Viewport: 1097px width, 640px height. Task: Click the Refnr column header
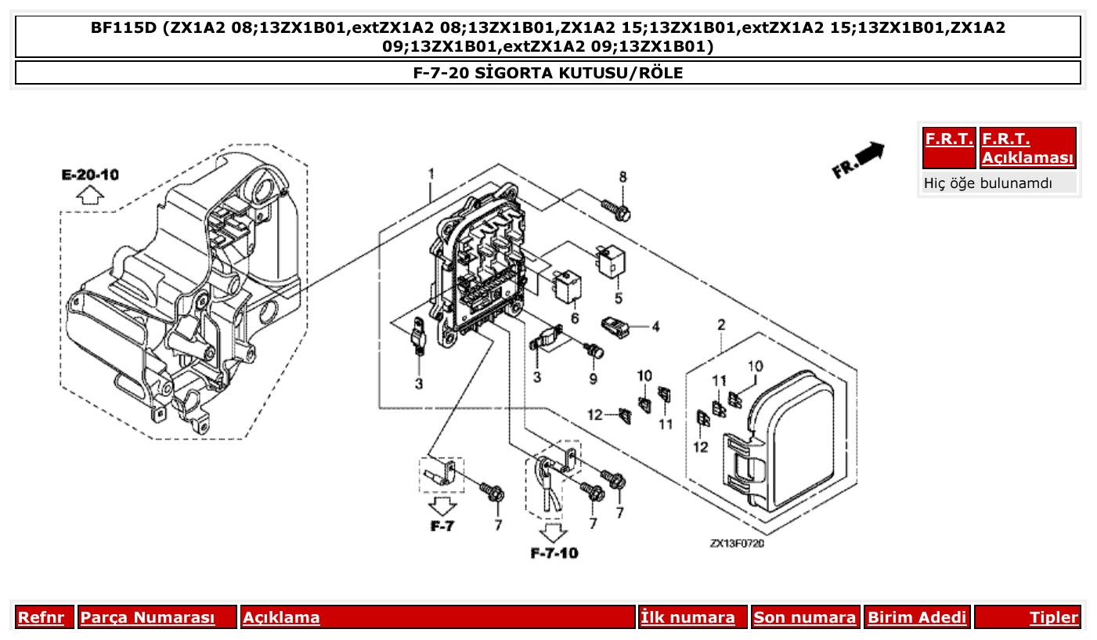pyautogui.click(x=41, y=617)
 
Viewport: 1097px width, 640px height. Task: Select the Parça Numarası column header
pyautogui.click(x=147, y=617)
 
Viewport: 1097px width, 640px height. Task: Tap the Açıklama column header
pyautogui.click(x=281, y=617)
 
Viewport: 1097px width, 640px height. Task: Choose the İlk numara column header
pyautogui.click(x=688, y=617)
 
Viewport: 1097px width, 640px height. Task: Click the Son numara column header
pyautogui.click(x=804, y=617)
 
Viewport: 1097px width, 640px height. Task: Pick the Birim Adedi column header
pyautogui.click(x=917, y=617)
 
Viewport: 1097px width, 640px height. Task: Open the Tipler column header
pyautogui.click(x=1053, y=617)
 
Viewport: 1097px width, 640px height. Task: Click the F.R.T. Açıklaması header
pyautogui.click(x=1027, y=148)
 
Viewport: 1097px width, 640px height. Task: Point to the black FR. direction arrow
pyautogui.click(x=859, y=160)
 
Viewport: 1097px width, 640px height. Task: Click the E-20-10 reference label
pyautogui.click(x=90, y=174)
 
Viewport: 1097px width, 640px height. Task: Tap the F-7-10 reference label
pyautogui.click(x=554, y=553)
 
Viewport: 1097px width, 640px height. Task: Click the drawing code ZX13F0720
pyautogui.click(x=737, y=543)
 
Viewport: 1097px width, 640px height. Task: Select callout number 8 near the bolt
pyautogui.click(x=623, y=177)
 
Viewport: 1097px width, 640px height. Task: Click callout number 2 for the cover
pyautogui.click(x=721, y=325)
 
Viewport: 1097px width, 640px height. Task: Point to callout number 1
pyautogui.click(x=431, y=172)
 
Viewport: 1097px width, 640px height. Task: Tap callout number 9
pyautogui.click(x=593, y=379)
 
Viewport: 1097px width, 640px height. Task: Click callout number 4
pyautogui.click(x=655, y=326)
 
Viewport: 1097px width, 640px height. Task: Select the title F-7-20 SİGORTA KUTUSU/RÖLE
pyautogui.click(x=548, y=73)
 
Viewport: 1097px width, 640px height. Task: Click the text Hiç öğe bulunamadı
pyautogui.click(x=987, y=183)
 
